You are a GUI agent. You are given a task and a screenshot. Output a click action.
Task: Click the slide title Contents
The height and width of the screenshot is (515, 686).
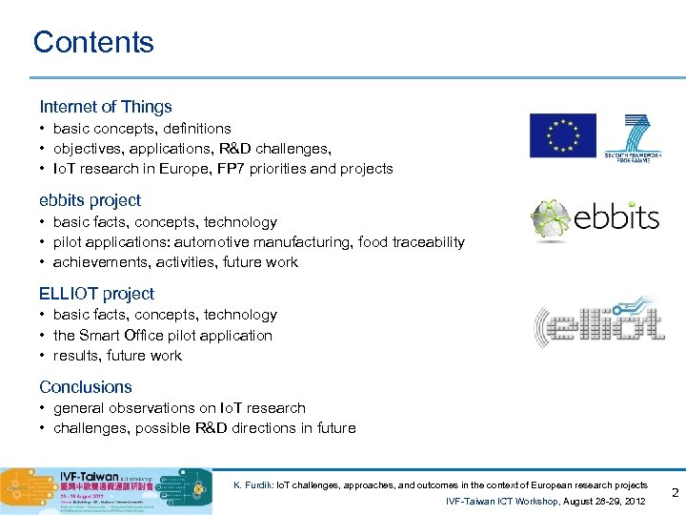coord(93,42)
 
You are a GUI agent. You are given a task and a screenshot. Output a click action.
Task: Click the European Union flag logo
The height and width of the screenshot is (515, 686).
coord(562,135)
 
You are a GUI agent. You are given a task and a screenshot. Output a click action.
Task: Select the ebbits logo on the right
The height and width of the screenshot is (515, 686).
coord(595,218)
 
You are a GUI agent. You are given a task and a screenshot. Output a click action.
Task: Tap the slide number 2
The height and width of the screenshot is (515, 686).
coord(675,493)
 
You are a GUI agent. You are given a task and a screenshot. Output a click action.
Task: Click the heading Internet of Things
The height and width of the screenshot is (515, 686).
coord(106,107)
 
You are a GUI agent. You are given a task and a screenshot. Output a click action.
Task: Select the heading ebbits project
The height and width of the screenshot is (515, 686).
coord(90,200)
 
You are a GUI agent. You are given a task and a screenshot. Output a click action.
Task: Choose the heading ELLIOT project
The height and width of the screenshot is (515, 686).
coord(96,294)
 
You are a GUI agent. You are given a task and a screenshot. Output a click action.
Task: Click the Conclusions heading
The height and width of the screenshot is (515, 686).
coord(86,387)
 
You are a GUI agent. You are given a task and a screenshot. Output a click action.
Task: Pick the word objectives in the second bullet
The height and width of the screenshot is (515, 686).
coord(87,149)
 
